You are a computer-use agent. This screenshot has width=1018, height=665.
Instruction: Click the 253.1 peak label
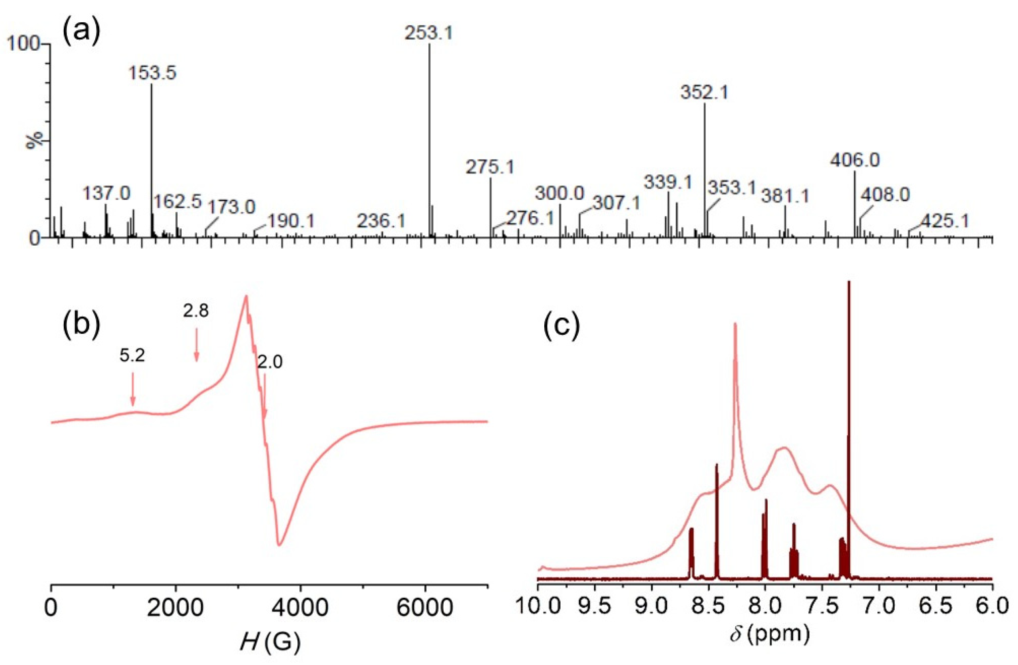point(429,33)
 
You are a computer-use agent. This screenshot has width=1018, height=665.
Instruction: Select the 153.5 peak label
point(152,73)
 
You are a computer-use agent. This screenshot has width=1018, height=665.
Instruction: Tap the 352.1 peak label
point(704,93)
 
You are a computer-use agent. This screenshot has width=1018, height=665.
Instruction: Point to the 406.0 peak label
point(855,160)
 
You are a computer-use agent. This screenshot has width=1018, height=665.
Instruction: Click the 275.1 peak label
point(490,167)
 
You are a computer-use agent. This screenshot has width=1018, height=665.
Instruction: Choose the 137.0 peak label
point(107,193)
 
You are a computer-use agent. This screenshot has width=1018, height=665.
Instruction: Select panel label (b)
point(82,325)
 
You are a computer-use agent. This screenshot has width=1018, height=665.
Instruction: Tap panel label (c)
point(562,325)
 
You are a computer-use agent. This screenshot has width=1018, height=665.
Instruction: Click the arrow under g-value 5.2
point(133,388)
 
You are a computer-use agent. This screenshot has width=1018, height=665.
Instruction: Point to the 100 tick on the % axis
point(24,45)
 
